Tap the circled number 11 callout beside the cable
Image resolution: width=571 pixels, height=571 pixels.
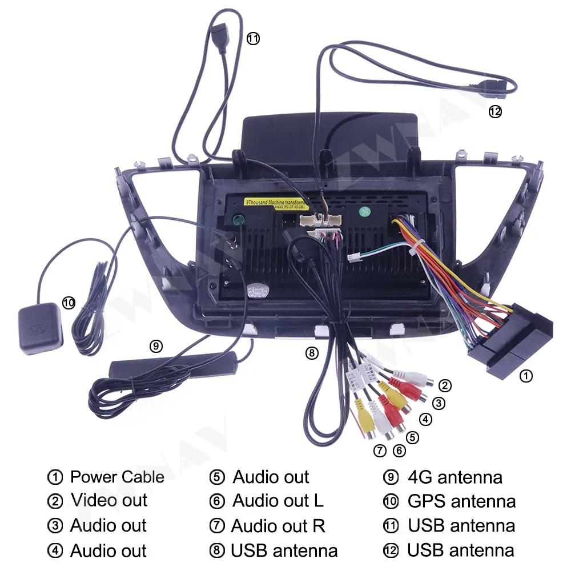click(252, 39)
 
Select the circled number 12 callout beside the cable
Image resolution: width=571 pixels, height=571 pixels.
click(495, 112)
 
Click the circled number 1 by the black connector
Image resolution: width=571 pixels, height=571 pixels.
click(526, 376)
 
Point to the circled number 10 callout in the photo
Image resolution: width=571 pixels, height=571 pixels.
click(69, 303)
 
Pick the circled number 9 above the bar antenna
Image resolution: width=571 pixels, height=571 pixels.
click(156, 345)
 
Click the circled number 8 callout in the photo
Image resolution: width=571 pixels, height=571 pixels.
click(311, 353)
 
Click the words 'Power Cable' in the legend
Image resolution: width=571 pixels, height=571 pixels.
click(117, 477)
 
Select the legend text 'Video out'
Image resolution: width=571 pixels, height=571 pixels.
click(109, 501)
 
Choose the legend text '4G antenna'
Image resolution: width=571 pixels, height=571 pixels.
click(455, 477)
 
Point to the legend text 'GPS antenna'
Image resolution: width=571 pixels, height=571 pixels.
click(461, 501)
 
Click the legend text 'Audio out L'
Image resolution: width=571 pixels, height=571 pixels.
click(278, 501)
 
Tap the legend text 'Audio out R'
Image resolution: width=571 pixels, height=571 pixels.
click(278, 526)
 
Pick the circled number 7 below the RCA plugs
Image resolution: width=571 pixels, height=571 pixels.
click(380, 451)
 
